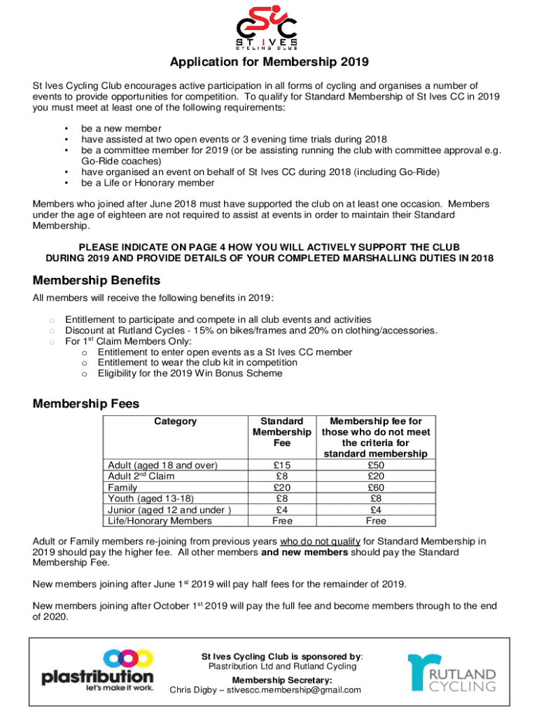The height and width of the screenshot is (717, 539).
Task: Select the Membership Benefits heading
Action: click(97, 280)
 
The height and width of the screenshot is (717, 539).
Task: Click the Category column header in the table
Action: click(175, 422)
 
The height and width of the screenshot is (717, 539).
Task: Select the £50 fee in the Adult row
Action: click(375, 466)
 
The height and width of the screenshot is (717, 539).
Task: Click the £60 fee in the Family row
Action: click(375, 487)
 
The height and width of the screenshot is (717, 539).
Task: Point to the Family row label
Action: click(122, 487)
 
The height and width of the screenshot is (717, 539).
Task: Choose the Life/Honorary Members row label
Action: click(160, 520)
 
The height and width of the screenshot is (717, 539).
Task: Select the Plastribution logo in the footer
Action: click(97, 670)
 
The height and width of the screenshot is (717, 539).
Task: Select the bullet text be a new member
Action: click(121, 129)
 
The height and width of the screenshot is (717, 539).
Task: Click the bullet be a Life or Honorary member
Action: click(148, 183)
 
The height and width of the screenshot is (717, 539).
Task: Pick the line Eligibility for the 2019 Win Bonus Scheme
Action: click(190, 373)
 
